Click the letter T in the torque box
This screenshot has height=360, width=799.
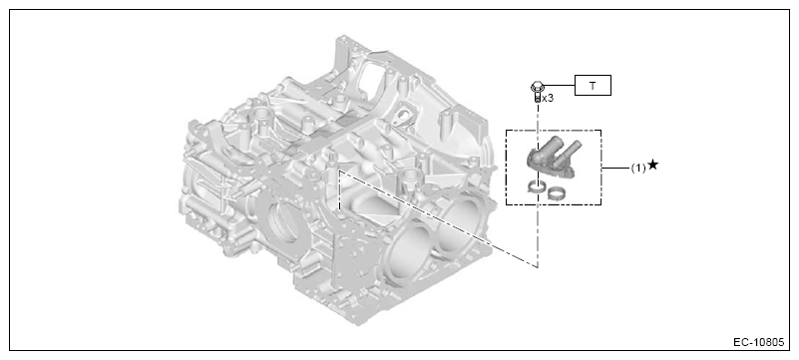(593, 86)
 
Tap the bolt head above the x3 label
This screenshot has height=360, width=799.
(536, 87)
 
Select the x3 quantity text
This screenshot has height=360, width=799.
(548, 99)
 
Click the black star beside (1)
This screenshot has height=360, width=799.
(652, 165)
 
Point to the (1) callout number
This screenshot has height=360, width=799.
(638, 168)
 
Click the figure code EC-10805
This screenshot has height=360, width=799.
(759, 342)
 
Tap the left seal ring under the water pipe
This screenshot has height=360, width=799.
(535, 187)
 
